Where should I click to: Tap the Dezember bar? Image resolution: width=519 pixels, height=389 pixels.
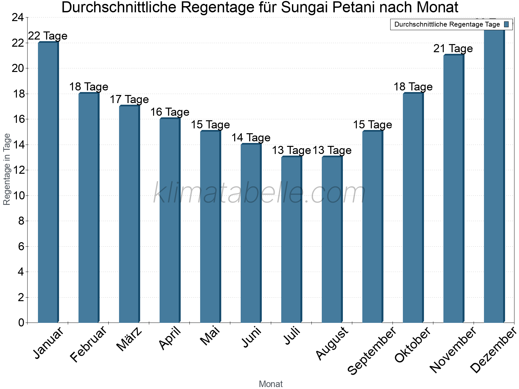494,175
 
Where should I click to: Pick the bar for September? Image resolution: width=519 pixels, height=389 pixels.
372,227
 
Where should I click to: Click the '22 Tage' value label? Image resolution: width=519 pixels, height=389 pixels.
48,36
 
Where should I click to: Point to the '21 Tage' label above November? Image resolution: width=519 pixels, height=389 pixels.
453,49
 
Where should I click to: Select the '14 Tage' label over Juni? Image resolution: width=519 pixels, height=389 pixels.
251,138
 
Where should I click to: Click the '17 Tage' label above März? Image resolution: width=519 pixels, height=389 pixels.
129,100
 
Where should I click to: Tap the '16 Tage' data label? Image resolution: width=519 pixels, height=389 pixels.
170,112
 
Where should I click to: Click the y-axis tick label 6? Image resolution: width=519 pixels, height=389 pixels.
21,247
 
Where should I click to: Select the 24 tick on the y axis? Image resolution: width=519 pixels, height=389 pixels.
18,18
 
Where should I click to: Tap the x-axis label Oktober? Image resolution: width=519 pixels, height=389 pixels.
413,345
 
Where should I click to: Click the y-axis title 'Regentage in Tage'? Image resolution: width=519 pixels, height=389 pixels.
7,169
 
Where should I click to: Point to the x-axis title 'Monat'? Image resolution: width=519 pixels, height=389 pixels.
271,384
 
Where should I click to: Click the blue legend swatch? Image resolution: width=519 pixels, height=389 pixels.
506,24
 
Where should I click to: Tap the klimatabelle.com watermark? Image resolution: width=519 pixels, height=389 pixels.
259,193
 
